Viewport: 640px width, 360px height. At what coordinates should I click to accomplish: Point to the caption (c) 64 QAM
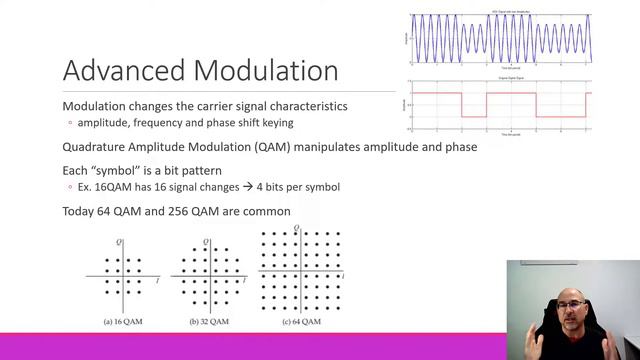[298, 322]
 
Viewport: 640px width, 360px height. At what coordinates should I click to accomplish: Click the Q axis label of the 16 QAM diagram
[119, 242]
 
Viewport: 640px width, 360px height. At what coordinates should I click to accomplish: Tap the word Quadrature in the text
[97, 147]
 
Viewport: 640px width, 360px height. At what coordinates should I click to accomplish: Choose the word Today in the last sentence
[81, 211]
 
